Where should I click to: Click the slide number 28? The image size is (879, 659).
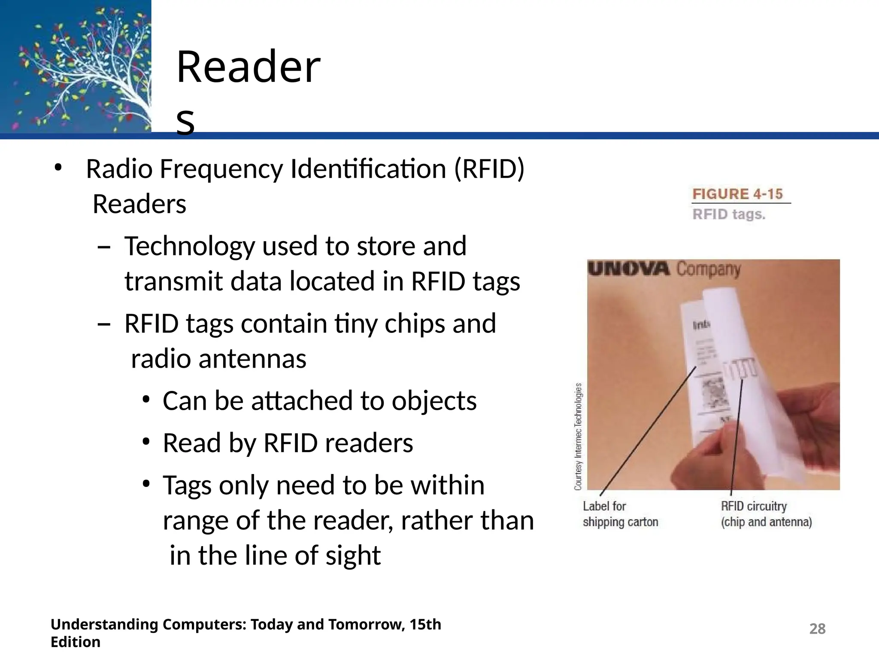point(817,629)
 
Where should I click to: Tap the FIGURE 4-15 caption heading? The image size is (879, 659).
point(737,194)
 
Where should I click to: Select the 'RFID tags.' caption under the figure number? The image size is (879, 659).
point(729,214)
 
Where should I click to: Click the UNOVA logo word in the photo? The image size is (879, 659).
point(628,269)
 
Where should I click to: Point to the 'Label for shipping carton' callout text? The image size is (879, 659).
point(620,514)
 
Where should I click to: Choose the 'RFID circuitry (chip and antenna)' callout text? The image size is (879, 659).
point(766,514)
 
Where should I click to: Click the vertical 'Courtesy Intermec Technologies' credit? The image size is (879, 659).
point(578,436)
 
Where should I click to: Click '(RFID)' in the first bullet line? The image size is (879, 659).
point(489,169)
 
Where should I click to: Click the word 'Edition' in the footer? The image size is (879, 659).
point(76,642)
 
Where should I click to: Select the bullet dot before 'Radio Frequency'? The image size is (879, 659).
point(58,168)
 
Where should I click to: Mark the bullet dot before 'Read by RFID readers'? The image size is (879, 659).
point(146,442)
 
